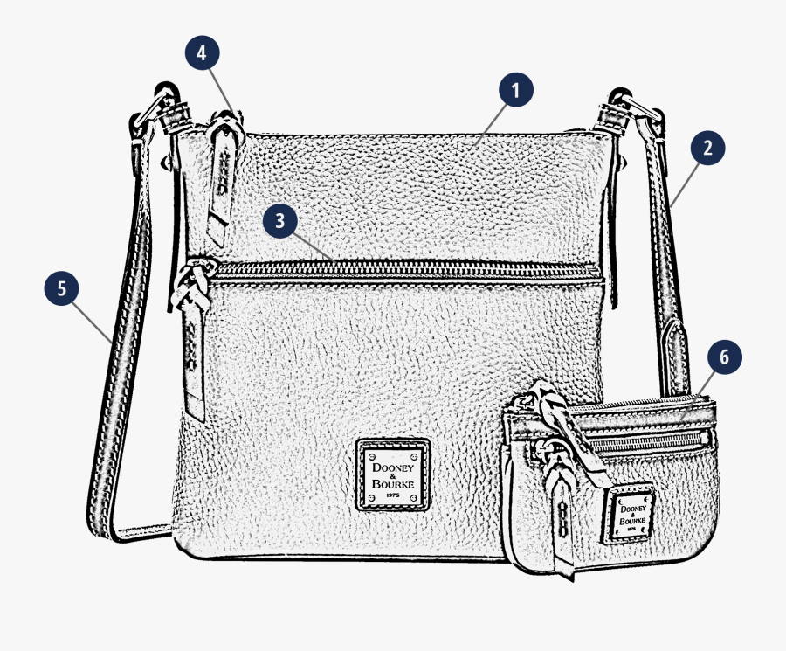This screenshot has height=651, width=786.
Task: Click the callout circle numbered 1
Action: click(x=515, y=89)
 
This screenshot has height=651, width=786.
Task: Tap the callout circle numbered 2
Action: click(x=707, y=148)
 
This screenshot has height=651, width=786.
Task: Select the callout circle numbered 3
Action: click(x=280, y=221)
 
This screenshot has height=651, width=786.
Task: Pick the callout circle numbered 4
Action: click(x=202, y=53)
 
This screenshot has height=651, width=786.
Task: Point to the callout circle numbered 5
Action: click(x=61, y=289)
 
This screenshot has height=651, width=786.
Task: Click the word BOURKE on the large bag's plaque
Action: click(x=394, y=484)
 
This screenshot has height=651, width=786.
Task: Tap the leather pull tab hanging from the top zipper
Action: click(x=222, y=175)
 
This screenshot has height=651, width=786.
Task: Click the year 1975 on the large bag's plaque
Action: click(x=394, y=497)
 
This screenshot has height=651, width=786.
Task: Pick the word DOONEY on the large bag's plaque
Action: click(x=394, y=457)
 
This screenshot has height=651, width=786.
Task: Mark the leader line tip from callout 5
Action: click(x=111, y=342)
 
